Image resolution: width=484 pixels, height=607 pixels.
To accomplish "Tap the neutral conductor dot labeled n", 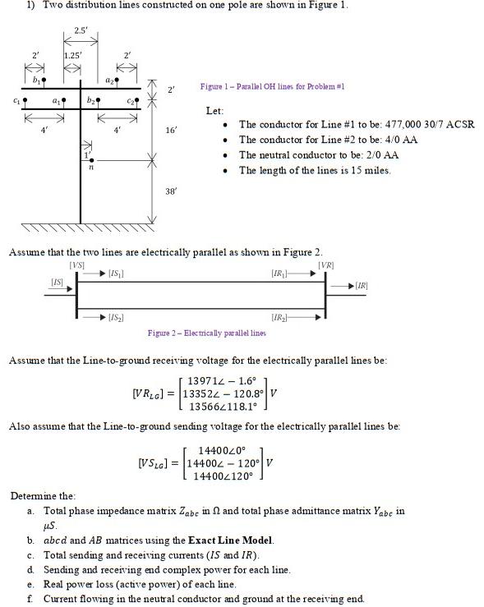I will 92,160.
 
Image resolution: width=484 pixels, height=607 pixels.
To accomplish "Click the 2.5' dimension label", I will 81,30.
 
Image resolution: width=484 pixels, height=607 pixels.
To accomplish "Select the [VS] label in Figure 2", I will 76,264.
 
